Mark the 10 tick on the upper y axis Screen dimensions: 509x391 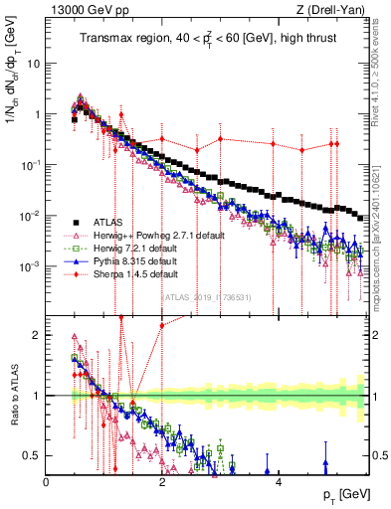click(x=35, y=63)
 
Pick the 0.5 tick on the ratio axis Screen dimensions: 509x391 click(x=34, y=455)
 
